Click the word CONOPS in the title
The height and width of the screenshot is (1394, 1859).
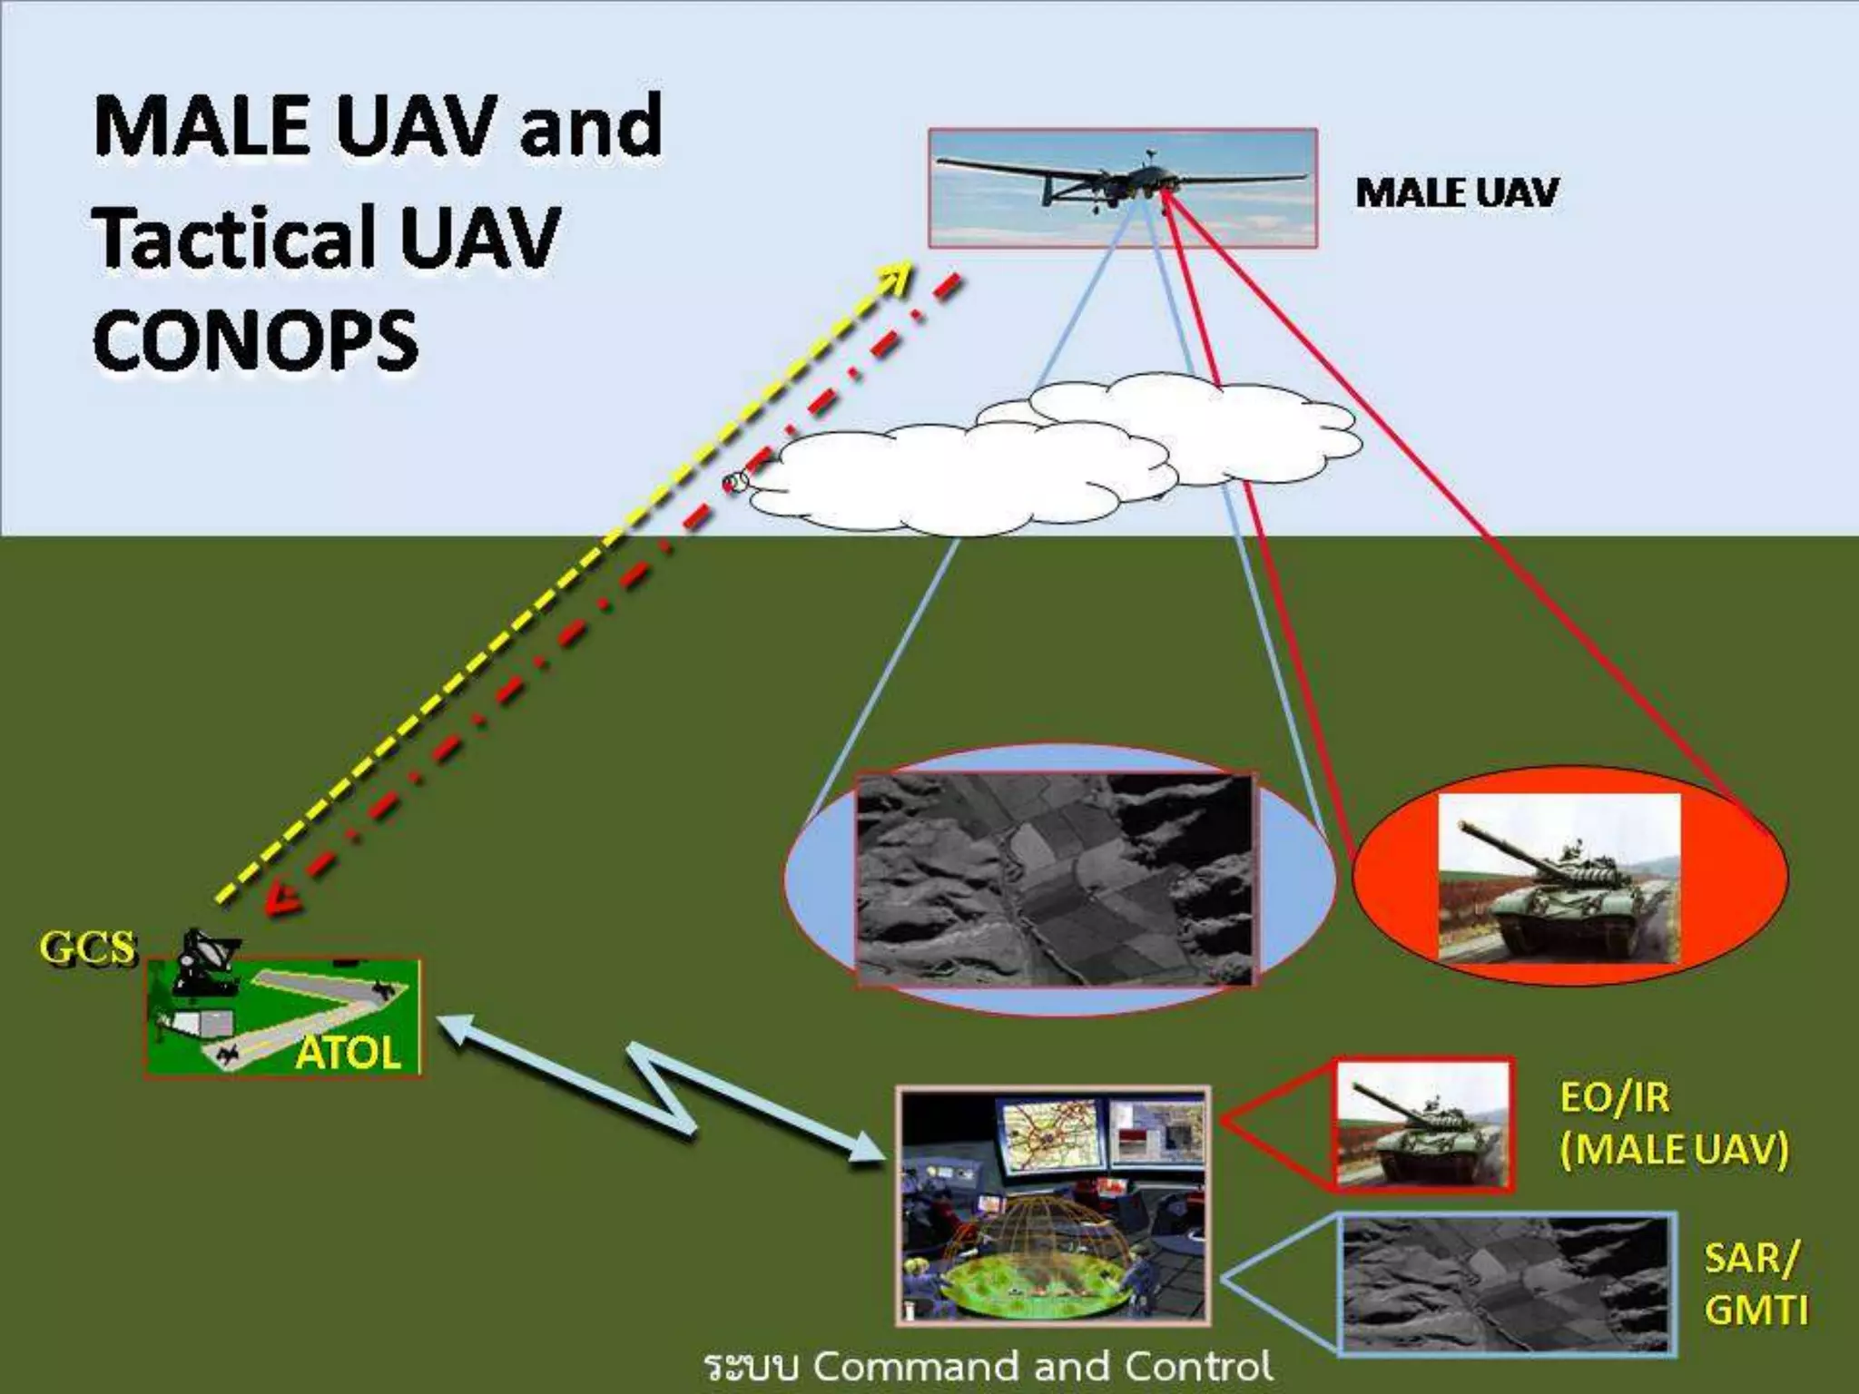tap(255, 339)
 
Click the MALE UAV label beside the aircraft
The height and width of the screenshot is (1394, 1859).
tap(1455, 192)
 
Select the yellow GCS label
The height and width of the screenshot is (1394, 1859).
tap(87, 947)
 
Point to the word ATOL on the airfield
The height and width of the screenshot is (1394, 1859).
tap(348, 1053)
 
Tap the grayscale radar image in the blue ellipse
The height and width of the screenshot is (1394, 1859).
tap(1055, 879)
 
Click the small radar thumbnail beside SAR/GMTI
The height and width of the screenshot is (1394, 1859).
tap(1505, 1285)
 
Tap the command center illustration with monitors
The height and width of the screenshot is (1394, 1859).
tap(1053, 1205)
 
